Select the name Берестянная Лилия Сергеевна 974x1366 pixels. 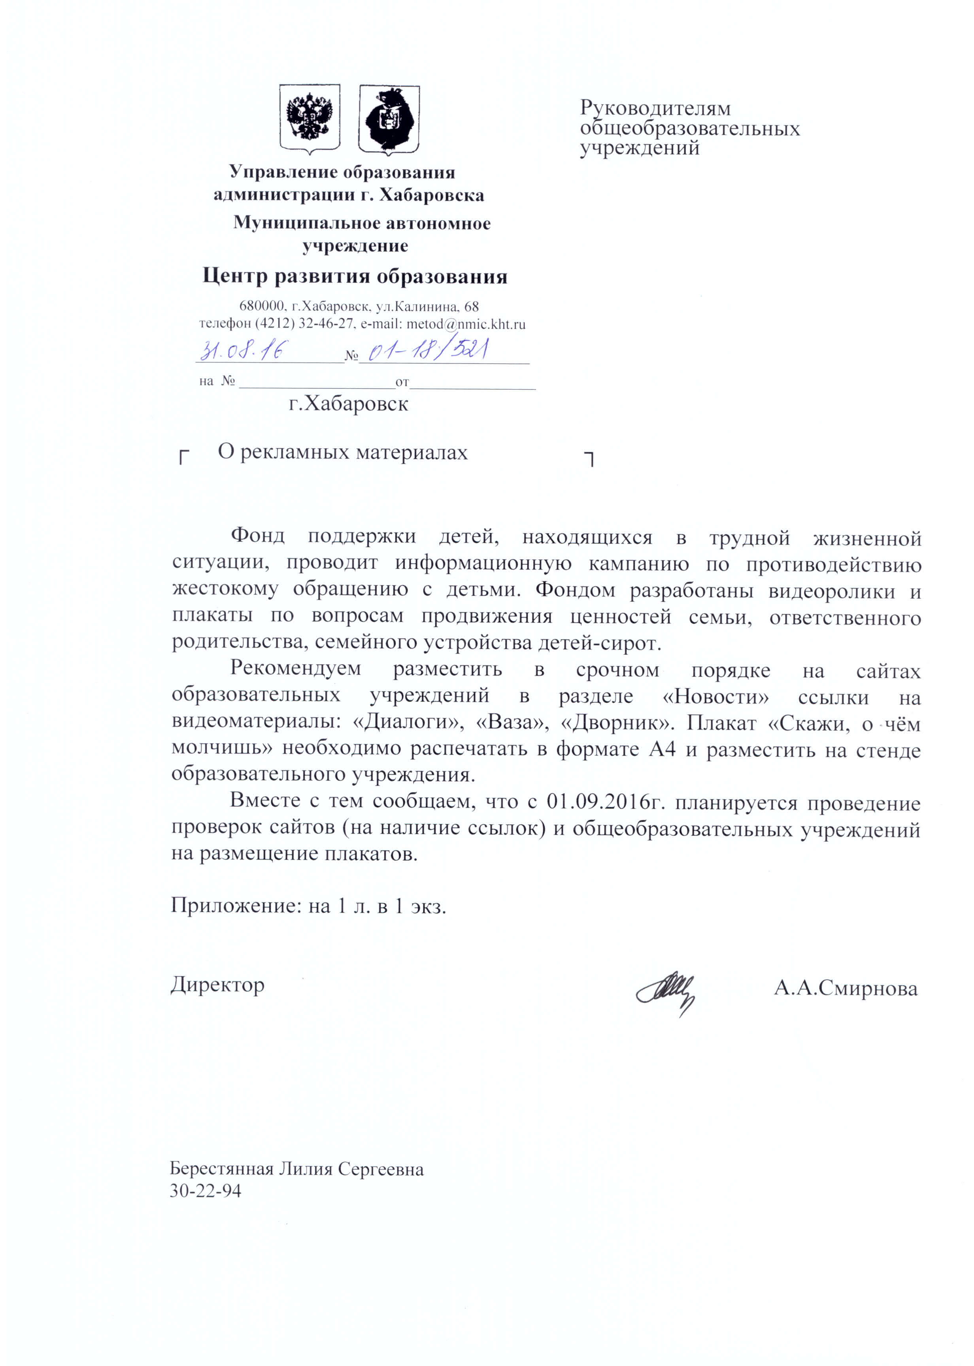[x=297, y=1169]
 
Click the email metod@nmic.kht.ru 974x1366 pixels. [x=466, y=325]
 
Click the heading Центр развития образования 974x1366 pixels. [x=355, y=276]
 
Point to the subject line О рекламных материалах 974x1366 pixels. [x=342, y=452]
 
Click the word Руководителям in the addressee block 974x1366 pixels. [x=655, y=109]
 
